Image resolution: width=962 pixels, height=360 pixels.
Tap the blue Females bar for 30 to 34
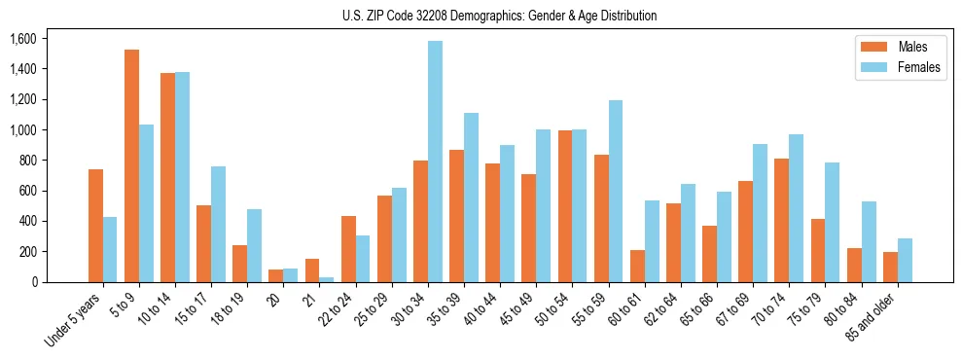[435, 162]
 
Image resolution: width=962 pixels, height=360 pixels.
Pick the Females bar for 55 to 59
[616, 191]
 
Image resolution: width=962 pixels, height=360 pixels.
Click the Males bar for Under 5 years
[95, 226]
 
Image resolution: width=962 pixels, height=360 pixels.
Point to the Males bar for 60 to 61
[637, 266]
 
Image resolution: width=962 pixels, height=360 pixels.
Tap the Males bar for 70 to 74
[782, 220]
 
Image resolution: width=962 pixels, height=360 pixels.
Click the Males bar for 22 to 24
[348, 249]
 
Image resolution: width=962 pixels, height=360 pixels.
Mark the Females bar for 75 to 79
[833, 222]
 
